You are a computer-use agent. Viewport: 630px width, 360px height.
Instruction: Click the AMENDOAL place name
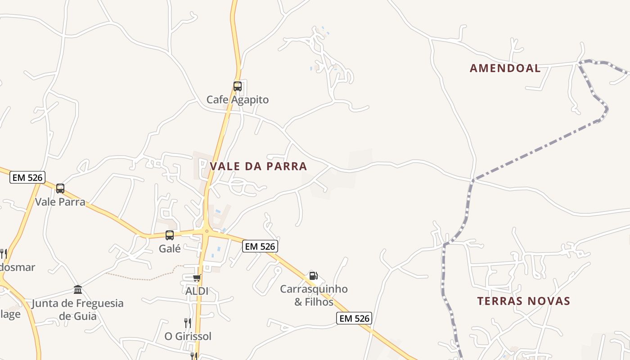coord(505,68)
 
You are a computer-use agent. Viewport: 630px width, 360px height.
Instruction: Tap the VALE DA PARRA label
coord(258,166)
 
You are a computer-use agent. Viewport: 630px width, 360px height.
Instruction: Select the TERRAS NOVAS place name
coord(523,301)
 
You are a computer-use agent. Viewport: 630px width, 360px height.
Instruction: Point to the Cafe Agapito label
coord(237,100)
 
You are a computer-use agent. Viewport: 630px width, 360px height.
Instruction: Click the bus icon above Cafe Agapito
coord(237,86)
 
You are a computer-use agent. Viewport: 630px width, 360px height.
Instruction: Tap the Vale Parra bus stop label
coord(60,202)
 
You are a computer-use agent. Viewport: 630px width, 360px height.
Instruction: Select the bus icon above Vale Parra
coord(60,189)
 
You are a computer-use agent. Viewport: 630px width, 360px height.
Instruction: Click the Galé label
coord(170,248)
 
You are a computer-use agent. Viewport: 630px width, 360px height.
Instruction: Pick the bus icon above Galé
coord(170,235)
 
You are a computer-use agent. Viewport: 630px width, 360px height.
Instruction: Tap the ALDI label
coord(197,291)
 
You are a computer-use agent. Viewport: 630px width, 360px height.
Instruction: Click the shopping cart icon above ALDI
coord(197,278)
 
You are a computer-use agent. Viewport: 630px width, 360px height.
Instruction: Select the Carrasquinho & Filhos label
coord(314,295)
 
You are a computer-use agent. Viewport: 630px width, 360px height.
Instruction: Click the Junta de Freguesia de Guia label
coord(77,310)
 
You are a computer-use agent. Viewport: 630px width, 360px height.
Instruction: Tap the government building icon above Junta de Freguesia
coord(78,289)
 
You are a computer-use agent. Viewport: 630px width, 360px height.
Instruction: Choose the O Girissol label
coord(188,336)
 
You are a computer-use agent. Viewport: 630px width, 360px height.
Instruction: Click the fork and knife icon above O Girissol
coord(188,323)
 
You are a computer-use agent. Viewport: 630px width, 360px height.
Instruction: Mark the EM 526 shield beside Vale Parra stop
coord(27,178)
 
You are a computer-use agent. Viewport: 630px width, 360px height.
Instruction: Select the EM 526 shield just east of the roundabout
coord(260,246)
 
